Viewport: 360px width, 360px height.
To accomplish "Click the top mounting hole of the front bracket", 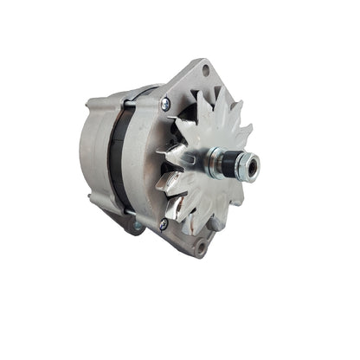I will [x=206, y=69].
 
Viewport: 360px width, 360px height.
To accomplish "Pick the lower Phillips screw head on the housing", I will [x=163, y=223].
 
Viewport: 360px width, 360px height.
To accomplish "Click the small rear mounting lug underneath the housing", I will [x=137, y=227].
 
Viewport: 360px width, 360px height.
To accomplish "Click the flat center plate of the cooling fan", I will [x=199, y=164].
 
